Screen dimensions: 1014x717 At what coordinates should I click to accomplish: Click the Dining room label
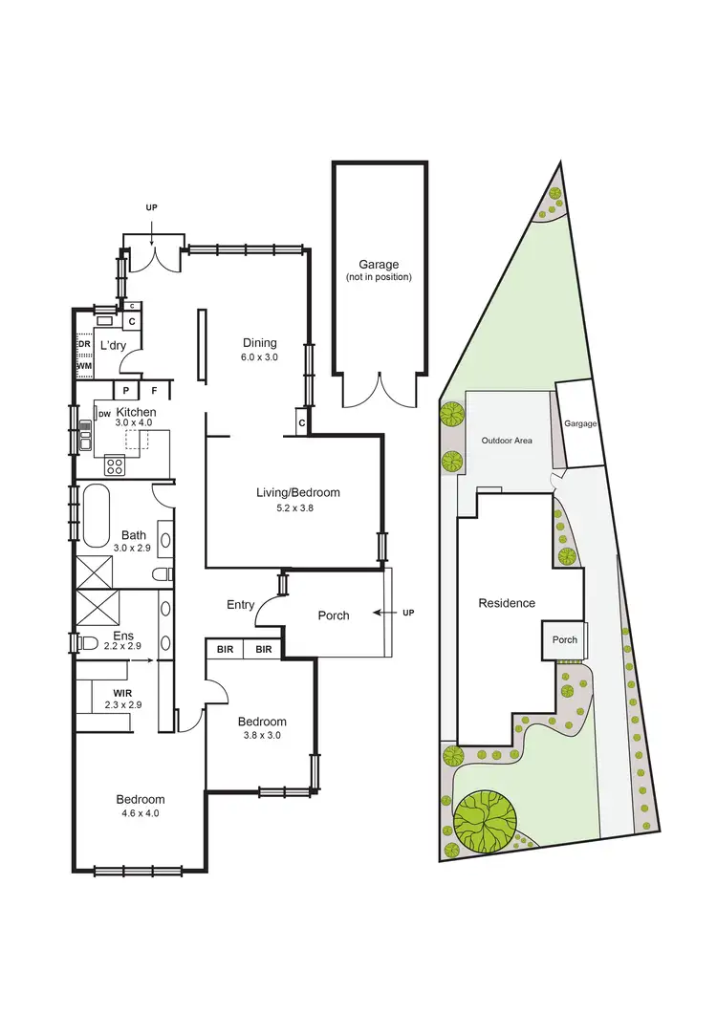pyautogui.click(x=259, y=343)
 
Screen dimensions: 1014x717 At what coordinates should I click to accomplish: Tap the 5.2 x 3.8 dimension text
pyautogui.click(x=297, y=508)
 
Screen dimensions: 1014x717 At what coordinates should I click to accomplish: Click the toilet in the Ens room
pyautogui.click(x=89, y=641)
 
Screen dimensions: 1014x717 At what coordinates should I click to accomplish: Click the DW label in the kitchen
pyautogui.click(x=103, y=414)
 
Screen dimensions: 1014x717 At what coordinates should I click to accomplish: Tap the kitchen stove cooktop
pyautogui.click(x=114, y=465)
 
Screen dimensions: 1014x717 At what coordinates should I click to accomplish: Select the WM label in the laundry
pyautogui.click(x=84, y=365)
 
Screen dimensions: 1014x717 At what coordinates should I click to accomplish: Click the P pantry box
pyautogui.click(x=125, y=390)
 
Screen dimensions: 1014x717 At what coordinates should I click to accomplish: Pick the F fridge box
pyautogui.click(x=154, y=390)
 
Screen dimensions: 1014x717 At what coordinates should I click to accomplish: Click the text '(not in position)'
pyautogui.click(x=379, y=277)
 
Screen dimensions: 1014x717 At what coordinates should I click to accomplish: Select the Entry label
pyautogui.click(x=241, y=604)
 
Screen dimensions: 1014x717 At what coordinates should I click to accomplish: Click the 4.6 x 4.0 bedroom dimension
pyautogui.click(x=141, y=814)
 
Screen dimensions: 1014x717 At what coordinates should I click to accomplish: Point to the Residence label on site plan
pyautogui.click(x=507, y=603)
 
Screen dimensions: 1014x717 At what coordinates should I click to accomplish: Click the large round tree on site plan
pyautogui.click(x=485, y=818)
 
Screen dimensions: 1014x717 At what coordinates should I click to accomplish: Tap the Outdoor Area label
pyautogui.click(x=507, y=441)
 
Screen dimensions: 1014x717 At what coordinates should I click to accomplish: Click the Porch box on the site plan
pyautogui.click(x=565, y=639)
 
